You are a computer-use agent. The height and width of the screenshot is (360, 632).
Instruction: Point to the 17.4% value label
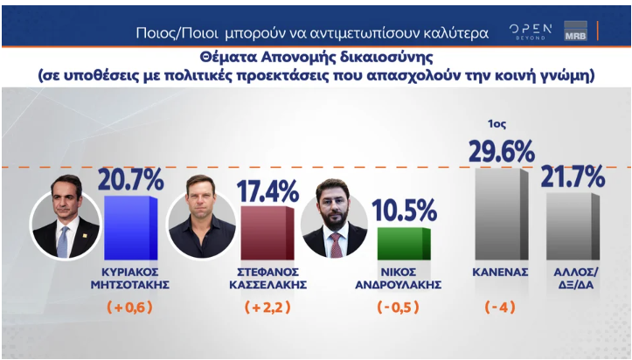(x=268, y=190)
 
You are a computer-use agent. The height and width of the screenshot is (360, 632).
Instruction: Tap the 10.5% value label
(x=404, y=211)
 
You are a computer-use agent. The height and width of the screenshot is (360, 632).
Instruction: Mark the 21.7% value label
(x=573, y=177)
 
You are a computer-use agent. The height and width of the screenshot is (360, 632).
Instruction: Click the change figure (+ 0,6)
(x=130, y=308)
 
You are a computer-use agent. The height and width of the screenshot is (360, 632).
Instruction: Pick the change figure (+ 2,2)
(x=266, y=308)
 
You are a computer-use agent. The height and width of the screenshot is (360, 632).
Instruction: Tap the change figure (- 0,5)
(x=401, y=308)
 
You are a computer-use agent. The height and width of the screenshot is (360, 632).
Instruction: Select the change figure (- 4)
(x=501, y=308)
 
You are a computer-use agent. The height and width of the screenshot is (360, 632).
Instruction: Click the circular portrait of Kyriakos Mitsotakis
(x=66, y=223)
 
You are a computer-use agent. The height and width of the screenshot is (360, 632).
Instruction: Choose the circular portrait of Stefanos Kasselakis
(x=201, y=224)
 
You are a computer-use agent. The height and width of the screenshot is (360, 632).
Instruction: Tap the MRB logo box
(x=575, y=31)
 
